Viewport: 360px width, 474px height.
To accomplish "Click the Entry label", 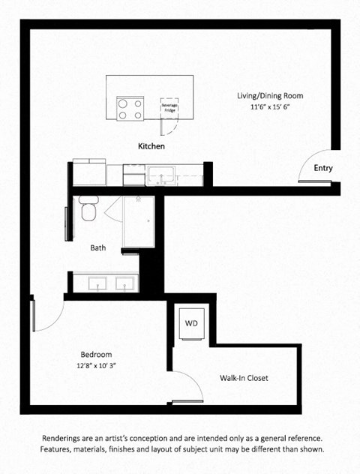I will click(323, 168).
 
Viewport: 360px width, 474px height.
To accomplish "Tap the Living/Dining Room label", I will click(270, 96).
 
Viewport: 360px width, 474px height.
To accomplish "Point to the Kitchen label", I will click(151, 146).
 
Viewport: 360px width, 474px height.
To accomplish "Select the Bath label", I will click(98, 247).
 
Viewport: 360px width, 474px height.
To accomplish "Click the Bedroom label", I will click(96, 355).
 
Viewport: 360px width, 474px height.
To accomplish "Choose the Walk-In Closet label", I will click(244, 378).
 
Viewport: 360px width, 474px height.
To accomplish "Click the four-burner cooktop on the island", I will click(130, 109).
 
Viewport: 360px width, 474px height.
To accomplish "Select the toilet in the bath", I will click(88, 210).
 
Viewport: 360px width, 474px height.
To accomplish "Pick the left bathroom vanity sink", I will click(96, 283).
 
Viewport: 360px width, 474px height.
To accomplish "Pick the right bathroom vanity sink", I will click(124, 283).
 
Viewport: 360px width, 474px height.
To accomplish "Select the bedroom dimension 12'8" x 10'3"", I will click(96, 366).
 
